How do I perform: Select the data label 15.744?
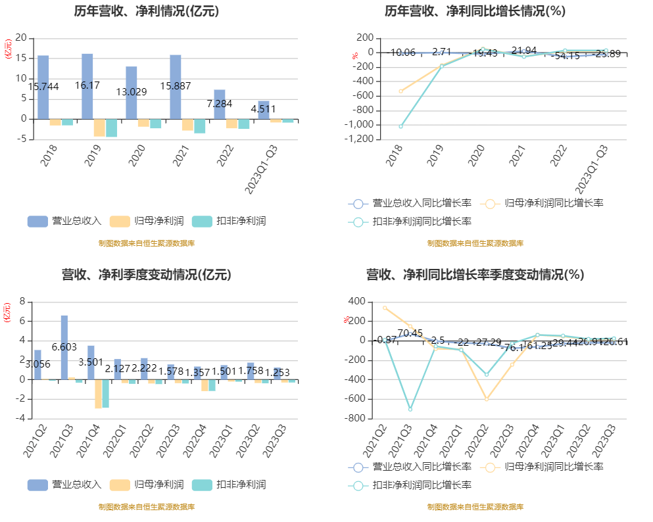click(x=43, y=87)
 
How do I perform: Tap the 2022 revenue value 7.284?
click(x=220, y=104)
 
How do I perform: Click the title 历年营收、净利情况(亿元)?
click(x=146, y=11)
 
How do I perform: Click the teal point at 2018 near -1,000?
click(x=400, y=126)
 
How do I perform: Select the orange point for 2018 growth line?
click(x=400, y=91)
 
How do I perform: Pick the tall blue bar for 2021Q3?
click(x=64, y=347)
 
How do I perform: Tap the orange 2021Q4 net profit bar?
click(x=98, y=394)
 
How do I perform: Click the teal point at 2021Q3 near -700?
click(x=410, y=409)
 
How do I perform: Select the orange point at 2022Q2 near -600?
click(x=487, y=398)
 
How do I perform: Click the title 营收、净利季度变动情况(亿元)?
click(x=146, y=274)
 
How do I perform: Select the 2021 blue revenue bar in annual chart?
click(x=175, y=87)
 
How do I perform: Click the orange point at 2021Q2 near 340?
click(x=385, y=308)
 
